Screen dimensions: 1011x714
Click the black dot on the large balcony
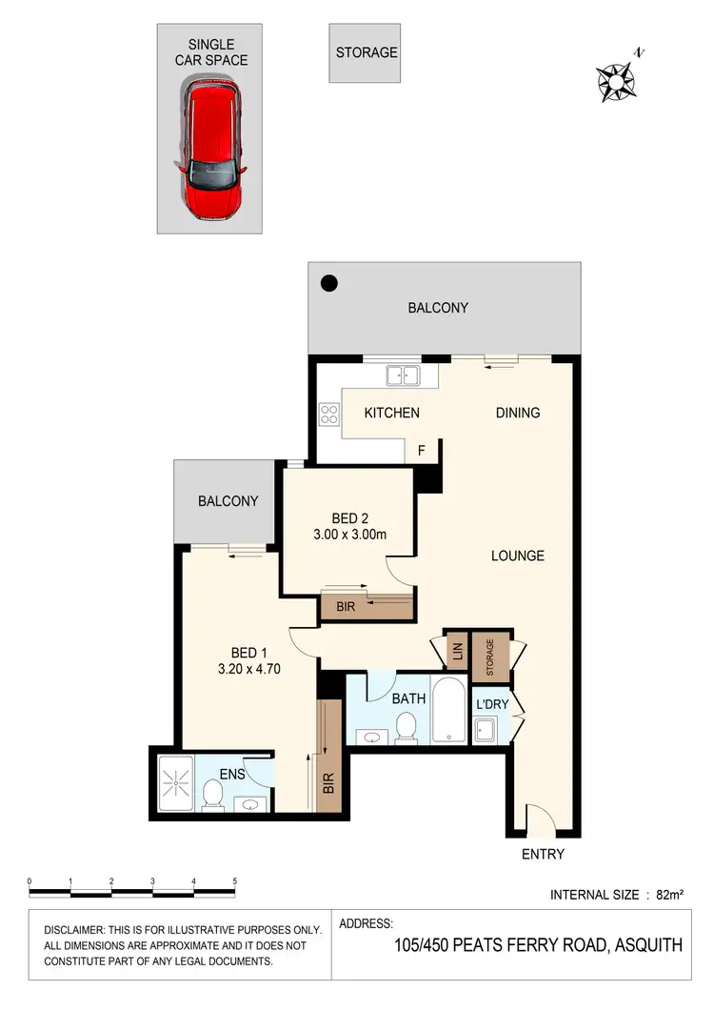point(328,282)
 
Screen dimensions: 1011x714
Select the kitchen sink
point(403,375)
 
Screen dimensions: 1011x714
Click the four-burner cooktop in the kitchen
point(329,415)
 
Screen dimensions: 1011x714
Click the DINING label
point(518,413)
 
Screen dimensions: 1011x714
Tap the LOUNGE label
point(518,556)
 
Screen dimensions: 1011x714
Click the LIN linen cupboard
point(457,653)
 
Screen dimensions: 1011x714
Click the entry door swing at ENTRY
point(538,819)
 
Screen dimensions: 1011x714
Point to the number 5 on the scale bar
point(234,881)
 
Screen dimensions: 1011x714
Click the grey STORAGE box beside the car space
point(367,52)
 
